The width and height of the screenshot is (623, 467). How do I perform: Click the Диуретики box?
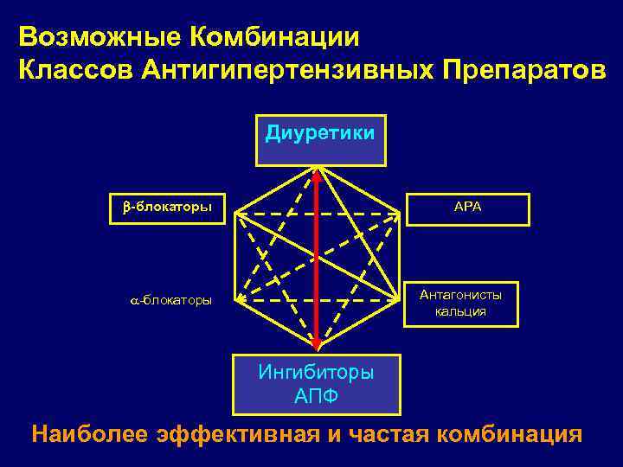(x=319, y=138)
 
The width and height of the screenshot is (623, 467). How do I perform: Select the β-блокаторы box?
(x=164, y=208)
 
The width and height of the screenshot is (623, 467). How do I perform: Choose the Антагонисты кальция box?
(x=462, y=304)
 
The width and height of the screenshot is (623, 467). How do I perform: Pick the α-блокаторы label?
(x=165, y=300)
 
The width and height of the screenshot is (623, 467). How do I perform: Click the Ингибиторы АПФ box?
(x=317, y=385)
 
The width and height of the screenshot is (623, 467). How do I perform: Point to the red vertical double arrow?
(x=317, y=259)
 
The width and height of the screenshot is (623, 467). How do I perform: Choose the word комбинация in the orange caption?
(x=511, y=433)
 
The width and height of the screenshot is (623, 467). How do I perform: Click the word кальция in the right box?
(x=461, y=312)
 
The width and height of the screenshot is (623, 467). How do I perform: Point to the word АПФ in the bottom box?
(x=316, y=397)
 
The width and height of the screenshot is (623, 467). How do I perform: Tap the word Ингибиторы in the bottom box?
(x=316, y=374)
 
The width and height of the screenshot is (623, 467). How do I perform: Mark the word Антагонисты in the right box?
(x=461, y=295)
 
